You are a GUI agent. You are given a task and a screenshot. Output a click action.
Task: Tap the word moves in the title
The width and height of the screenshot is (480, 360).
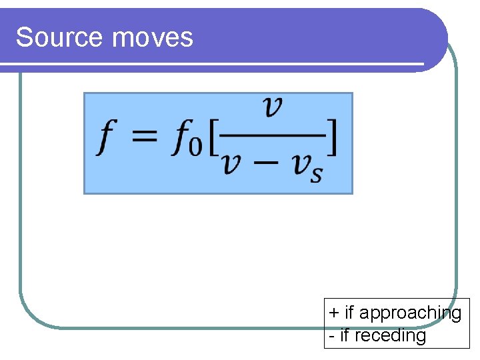[x=153, y=37]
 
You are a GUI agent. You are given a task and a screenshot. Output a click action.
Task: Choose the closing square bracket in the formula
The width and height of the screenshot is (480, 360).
[x=331, y=140]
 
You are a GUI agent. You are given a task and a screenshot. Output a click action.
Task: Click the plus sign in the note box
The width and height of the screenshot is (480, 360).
[x=334, y=313]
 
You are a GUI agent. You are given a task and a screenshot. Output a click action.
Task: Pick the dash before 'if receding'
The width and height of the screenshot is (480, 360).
[x=332, y=336]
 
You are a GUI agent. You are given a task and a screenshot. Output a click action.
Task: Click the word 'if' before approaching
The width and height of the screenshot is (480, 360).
[x=350, y=313]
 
